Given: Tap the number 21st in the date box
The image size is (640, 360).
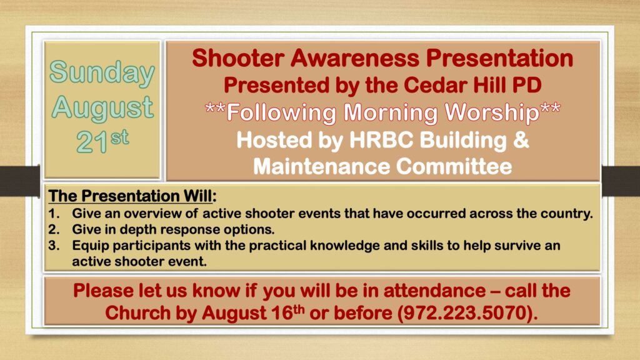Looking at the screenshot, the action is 102,142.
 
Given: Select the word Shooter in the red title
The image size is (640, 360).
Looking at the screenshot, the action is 238,58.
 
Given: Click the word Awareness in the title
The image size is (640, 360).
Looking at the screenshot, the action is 355,58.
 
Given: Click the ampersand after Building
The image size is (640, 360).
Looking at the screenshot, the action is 521,140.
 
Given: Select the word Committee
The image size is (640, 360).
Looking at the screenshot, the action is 454,166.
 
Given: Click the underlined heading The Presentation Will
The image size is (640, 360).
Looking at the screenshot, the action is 131,196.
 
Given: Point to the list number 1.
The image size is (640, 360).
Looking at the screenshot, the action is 54,214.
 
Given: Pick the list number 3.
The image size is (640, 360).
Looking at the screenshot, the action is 54,245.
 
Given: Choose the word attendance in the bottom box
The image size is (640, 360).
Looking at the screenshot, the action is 434,291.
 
